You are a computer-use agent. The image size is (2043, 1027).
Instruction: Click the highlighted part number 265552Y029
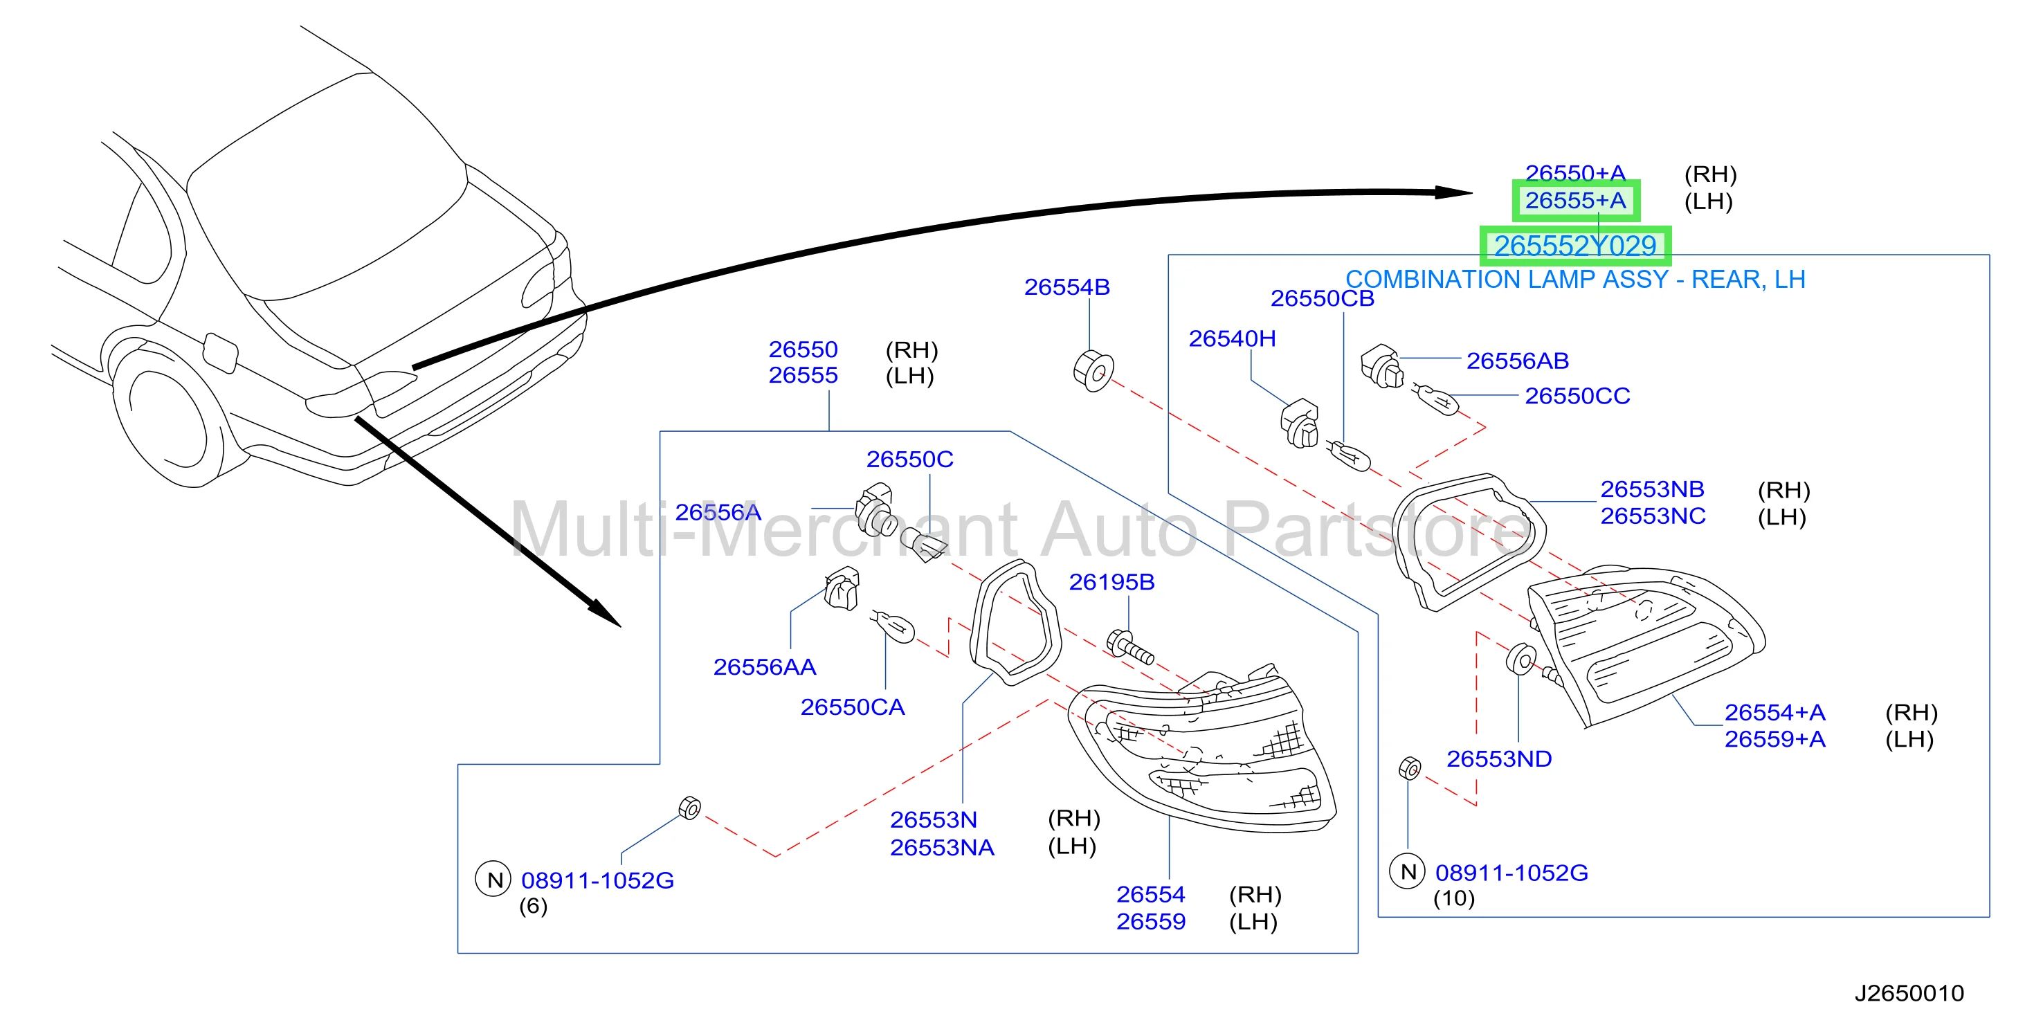click(x=1575, y=246)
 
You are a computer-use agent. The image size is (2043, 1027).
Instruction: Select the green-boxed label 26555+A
click(x=1575, y=201)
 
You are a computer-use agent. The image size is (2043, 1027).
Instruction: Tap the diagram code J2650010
click(x=1909, y=993)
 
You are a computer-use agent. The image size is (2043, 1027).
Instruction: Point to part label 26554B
click(x=1066, y=287)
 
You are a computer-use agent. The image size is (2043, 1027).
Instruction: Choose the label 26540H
click(x=1233, y=338)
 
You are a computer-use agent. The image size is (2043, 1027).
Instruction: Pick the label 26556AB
click(x=1517, y=361)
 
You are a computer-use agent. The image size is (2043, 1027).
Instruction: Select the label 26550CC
click(x=1577, y=396)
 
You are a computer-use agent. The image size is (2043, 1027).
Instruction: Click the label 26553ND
click(x=1499, y=759)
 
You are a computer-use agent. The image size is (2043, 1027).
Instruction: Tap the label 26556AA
click(x=765, y=667)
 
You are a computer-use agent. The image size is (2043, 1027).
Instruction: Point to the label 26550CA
click(x=853, y=707)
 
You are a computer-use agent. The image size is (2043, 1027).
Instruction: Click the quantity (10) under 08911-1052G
click(x=1454, y=898)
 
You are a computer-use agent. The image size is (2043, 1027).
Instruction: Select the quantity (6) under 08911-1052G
click(x=533, y=906)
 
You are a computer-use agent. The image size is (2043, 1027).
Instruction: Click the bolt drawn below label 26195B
click(x=1129, y=646)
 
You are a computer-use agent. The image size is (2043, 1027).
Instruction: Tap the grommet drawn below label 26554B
click(x=1093, y=371)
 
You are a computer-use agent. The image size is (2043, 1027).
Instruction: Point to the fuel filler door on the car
click(x=221, y=352)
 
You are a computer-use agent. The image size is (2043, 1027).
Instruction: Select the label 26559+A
click(x=1775, y=739)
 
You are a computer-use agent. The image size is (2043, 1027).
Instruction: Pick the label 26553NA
click(x=942, y=848)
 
